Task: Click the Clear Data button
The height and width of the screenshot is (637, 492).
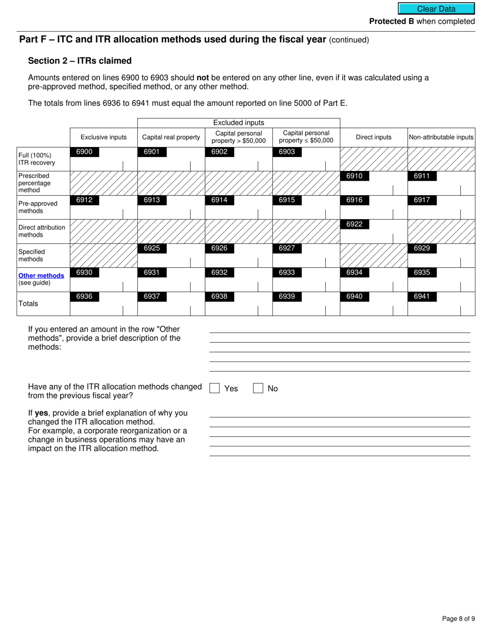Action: [x=436, y=9]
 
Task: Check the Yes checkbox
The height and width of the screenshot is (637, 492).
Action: [x=214, y=388]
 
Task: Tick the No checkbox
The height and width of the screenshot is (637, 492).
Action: [x=258, y=388]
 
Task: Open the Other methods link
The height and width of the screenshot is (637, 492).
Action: [x=41, y=276]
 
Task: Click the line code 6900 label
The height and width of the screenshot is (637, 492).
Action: [x=84, y=152]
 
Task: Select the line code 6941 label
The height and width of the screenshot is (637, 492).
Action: [x=422, y=297]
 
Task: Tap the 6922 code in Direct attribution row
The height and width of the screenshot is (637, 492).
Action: [x=354, y=224]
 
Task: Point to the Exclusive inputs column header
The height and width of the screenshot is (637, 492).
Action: [x=104, y=137]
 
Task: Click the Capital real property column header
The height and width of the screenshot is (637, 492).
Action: [x=171, y=137]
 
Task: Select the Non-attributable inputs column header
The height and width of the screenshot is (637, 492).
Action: [x=441, y=137]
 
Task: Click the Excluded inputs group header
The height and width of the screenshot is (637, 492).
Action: [x=239, y=123]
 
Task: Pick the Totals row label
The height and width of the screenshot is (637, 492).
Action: [x=28, y=303]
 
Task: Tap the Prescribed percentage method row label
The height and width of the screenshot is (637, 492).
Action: [x=34, y=183]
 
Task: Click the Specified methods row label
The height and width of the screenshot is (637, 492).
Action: [x=32, y=255]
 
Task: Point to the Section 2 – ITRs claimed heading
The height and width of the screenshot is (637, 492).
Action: [x=80, y=61]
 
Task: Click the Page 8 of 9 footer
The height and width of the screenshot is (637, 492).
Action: [x=458, y=618]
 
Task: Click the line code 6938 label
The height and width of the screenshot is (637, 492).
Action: [x=220, y=297]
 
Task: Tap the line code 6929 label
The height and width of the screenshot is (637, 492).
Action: [x=422, y=248]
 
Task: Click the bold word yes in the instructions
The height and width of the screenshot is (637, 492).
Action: [x=41, y=413]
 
